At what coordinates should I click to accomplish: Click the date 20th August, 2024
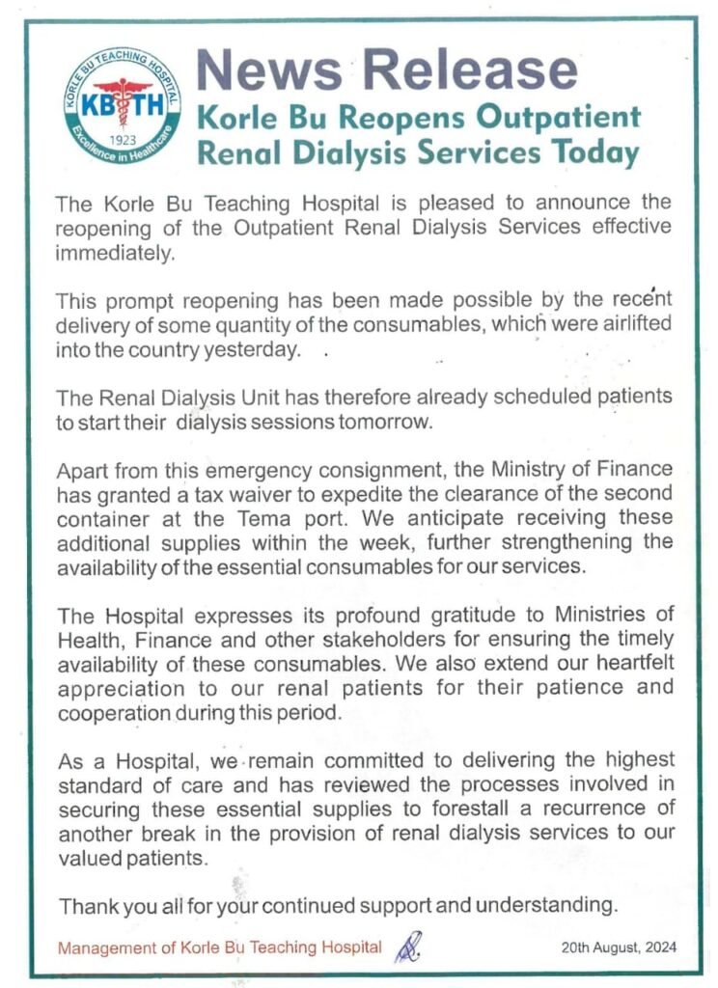pyautogui.click(x=619, y=947)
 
